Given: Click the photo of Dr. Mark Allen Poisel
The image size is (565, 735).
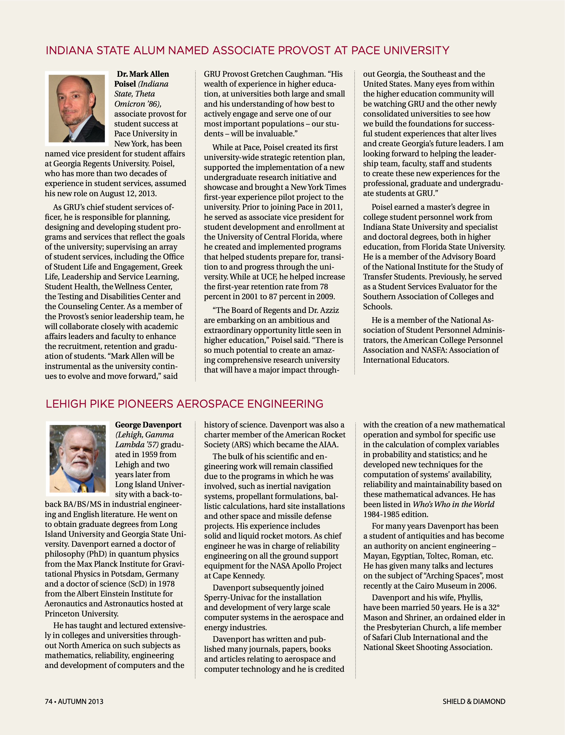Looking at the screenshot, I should (77, 108).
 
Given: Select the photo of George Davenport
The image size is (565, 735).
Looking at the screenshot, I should (78, 459).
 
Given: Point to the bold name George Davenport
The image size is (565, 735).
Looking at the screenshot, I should (148, 425).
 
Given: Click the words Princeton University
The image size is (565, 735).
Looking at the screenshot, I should (81, 614).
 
